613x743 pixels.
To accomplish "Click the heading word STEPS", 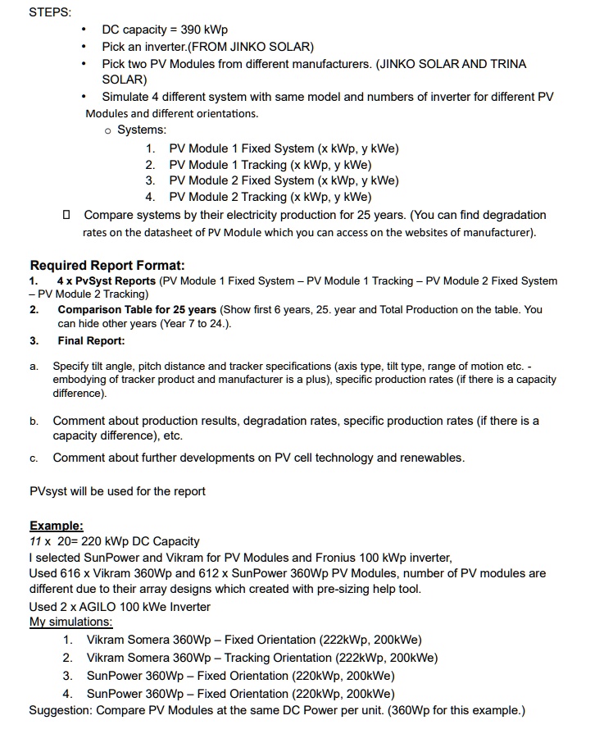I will pyautogui.click(x=50, y=12).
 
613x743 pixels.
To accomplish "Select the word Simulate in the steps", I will pyautogui.click(x=126, y=97).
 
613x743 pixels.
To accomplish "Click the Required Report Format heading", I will pyautogui.click(x=107, y=265).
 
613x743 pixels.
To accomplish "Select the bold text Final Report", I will pyautogui.click(x=91, y=340).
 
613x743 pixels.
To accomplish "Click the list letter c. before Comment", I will pyautogui.click(x=34, y=458).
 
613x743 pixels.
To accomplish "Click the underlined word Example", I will pyautogui.click(x=56, y=526).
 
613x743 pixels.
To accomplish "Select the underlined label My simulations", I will pyautogui.click(x=70, y=622).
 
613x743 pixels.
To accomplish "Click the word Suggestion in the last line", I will pyautogui.click(x=59, y=709).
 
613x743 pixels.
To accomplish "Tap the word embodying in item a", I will pyautogui.click(x=82, y=380).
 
